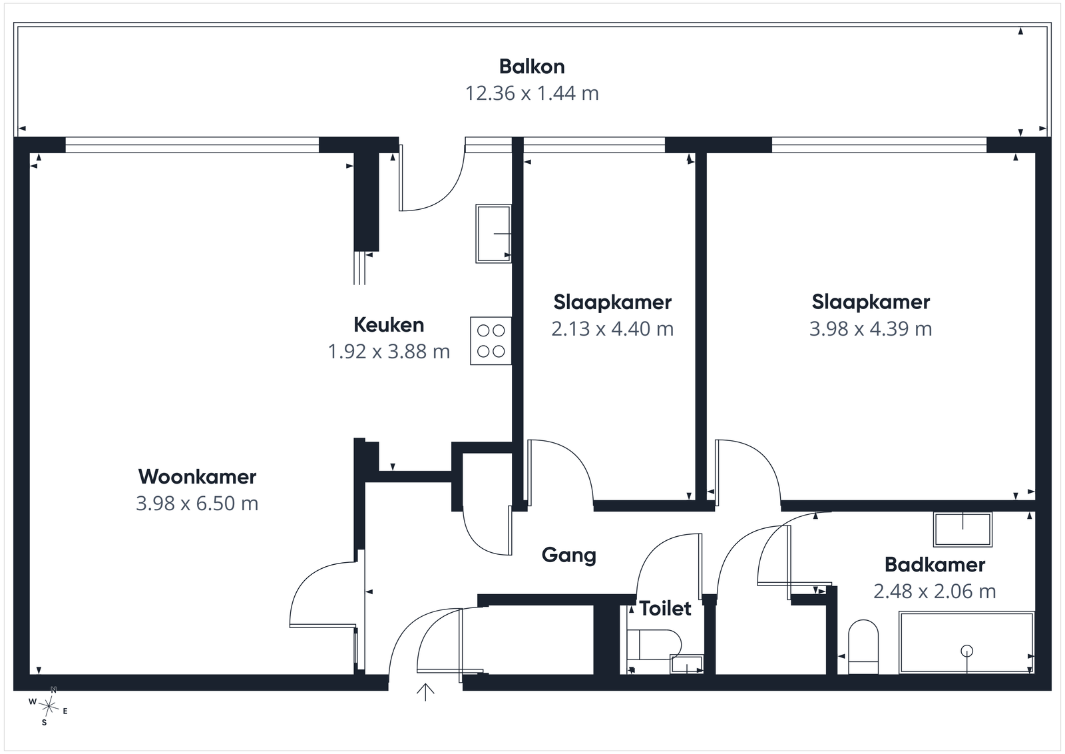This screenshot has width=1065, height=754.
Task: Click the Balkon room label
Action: click(x=532, y=67)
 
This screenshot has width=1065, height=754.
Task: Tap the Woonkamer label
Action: click(x=197, y=477)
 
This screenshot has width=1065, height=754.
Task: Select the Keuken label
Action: click(x=389, y=325)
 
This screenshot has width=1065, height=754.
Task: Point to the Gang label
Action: click(x=568, y=556)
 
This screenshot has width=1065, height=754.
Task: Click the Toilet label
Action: click(x=665, y=608)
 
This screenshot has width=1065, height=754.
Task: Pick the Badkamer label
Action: click(x=935, y=565)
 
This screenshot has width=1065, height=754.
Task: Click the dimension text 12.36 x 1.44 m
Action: click(x=532, y=93)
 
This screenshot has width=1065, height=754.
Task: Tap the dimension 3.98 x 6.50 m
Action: click(x=197, y=504)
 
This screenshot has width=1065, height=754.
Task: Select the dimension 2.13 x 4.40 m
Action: click(x=612, y=329)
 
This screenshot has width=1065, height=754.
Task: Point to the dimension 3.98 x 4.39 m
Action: click(x=871, y=329)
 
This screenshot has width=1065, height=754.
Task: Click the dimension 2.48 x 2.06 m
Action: click(x=935, y=591)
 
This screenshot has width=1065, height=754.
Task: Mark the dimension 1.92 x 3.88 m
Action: click(x=389, y=352)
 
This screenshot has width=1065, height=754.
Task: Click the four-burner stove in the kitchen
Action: click(x=491, y=341)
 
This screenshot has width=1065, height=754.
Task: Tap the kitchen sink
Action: click(x=493, y=234)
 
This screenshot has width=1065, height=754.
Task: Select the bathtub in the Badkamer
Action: click(x=966, y=643)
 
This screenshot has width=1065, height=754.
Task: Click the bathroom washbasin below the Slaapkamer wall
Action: click(x=962, y=530)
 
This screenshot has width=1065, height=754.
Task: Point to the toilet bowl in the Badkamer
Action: click(x=863, y=647)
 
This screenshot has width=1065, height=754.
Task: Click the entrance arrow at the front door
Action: click(x=425, y=692)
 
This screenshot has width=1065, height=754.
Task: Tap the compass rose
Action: click(x=49, y=707)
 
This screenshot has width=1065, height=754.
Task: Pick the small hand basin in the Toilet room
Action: click(x=686, y=664)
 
